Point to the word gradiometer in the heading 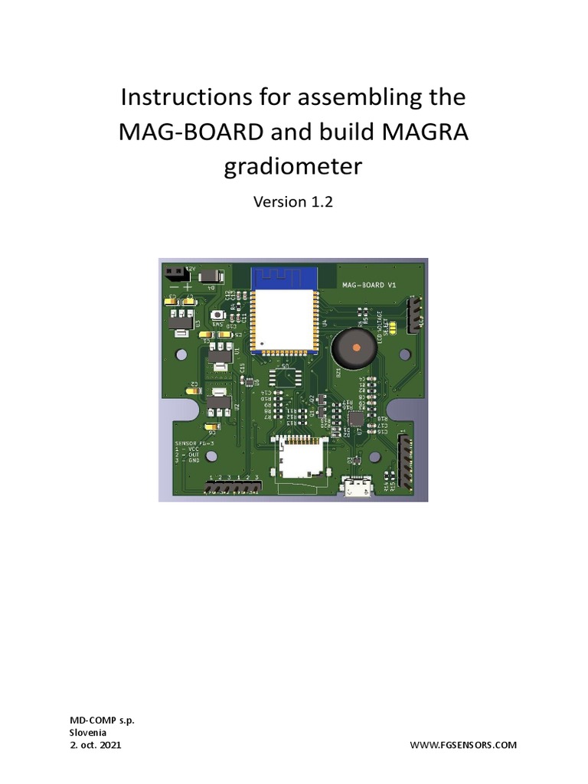pos(292,166)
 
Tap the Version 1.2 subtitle pos(292,203)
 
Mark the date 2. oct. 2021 pos(95,744)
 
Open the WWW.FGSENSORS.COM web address pos(464,744)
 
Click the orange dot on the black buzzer pos(357,348)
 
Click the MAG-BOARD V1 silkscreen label pos(367,285)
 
